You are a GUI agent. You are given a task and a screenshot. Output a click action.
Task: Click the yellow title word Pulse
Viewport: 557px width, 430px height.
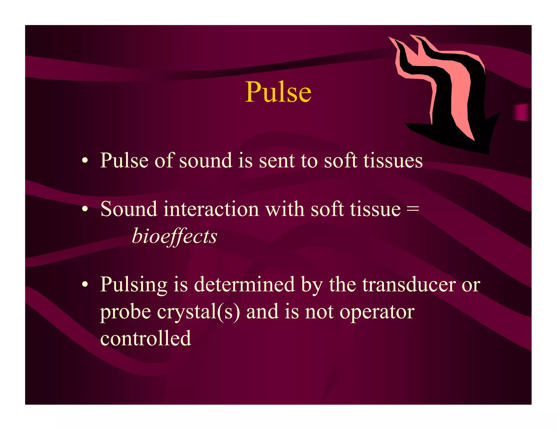point(278,92)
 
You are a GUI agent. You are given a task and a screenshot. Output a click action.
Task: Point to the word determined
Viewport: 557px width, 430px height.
point(244,285)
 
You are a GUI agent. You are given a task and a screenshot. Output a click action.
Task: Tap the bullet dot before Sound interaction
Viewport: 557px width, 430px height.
point(85,209)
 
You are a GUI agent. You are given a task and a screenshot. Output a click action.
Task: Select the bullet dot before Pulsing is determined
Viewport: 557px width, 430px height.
point(85,285)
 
